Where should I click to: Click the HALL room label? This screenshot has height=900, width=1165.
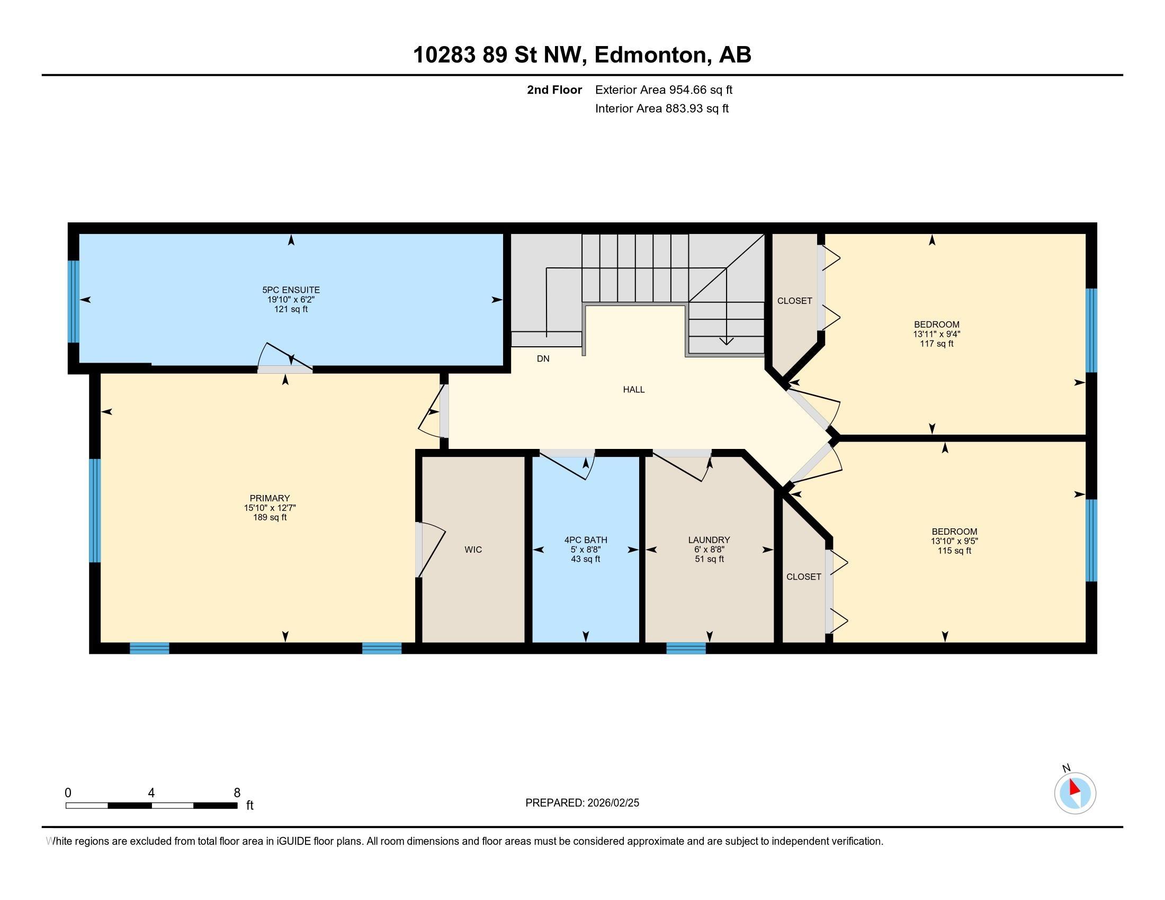[634, 390]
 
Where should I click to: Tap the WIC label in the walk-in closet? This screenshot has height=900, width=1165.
[473, 550]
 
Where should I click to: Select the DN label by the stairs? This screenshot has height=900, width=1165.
[543, 359]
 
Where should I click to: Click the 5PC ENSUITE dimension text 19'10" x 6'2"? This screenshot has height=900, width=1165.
[291, 300]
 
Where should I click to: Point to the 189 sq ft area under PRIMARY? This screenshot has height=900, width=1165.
[270, 517]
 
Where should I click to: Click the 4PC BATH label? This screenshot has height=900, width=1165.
[586, 540]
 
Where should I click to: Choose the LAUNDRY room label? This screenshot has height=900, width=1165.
[709, 540]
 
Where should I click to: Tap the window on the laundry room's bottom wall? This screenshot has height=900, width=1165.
[686, 649]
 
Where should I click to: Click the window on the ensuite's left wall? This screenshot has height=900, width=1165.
[74, 301]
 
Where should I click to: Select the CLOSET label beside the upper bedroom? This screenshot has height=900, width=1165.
[795, 301]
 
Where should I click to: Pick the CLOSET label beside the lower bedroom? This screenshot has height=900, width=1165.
[804, 577]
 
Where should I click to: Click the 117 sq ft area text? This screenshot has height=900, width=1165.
[937, 344]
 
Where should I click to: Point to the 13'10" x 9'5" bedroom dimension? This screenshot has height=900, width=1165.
[954, 541]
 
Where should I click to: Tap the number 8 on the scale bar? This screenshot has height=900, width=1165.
[237, 793]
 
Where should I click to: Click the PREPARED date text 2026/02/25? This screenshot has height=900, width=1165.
[613, 803]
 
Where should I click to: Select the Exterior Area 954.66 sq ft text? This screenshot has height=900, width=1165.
[664, 90]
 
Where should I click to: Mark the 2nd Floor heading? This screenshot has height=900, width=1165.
[554, 90]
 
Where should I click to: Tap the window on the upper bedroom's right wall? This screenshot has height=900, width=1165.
[1091, 330]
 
